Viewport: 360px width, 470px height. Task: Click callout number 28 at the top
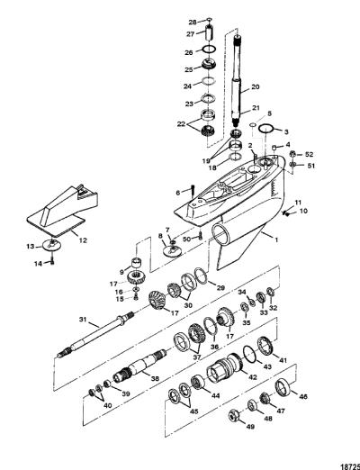tap(193, 22)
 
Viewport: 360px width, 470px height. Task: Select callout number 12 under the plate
tap(83, 240)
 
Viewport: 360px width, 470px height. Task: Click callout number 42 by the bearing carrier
tap(253, 377)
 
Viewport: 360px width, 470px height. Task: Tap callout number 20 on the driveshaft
tap(255, 86)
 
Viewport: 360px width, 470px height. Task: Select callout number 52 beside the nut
tap(309, 154)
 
